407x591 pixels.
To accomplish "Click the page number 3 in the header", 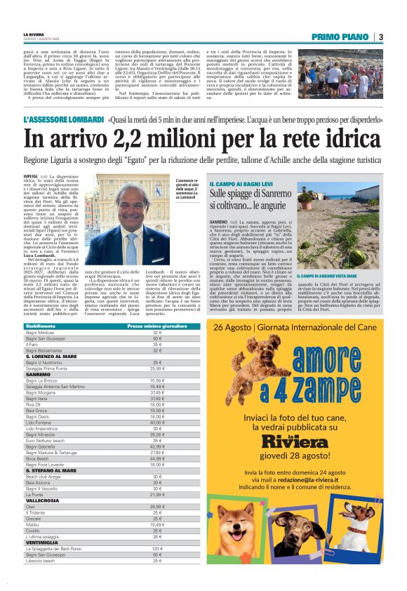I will point(380,36).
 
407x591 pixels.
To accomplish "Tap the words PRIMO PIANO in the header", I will point(342,36).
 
